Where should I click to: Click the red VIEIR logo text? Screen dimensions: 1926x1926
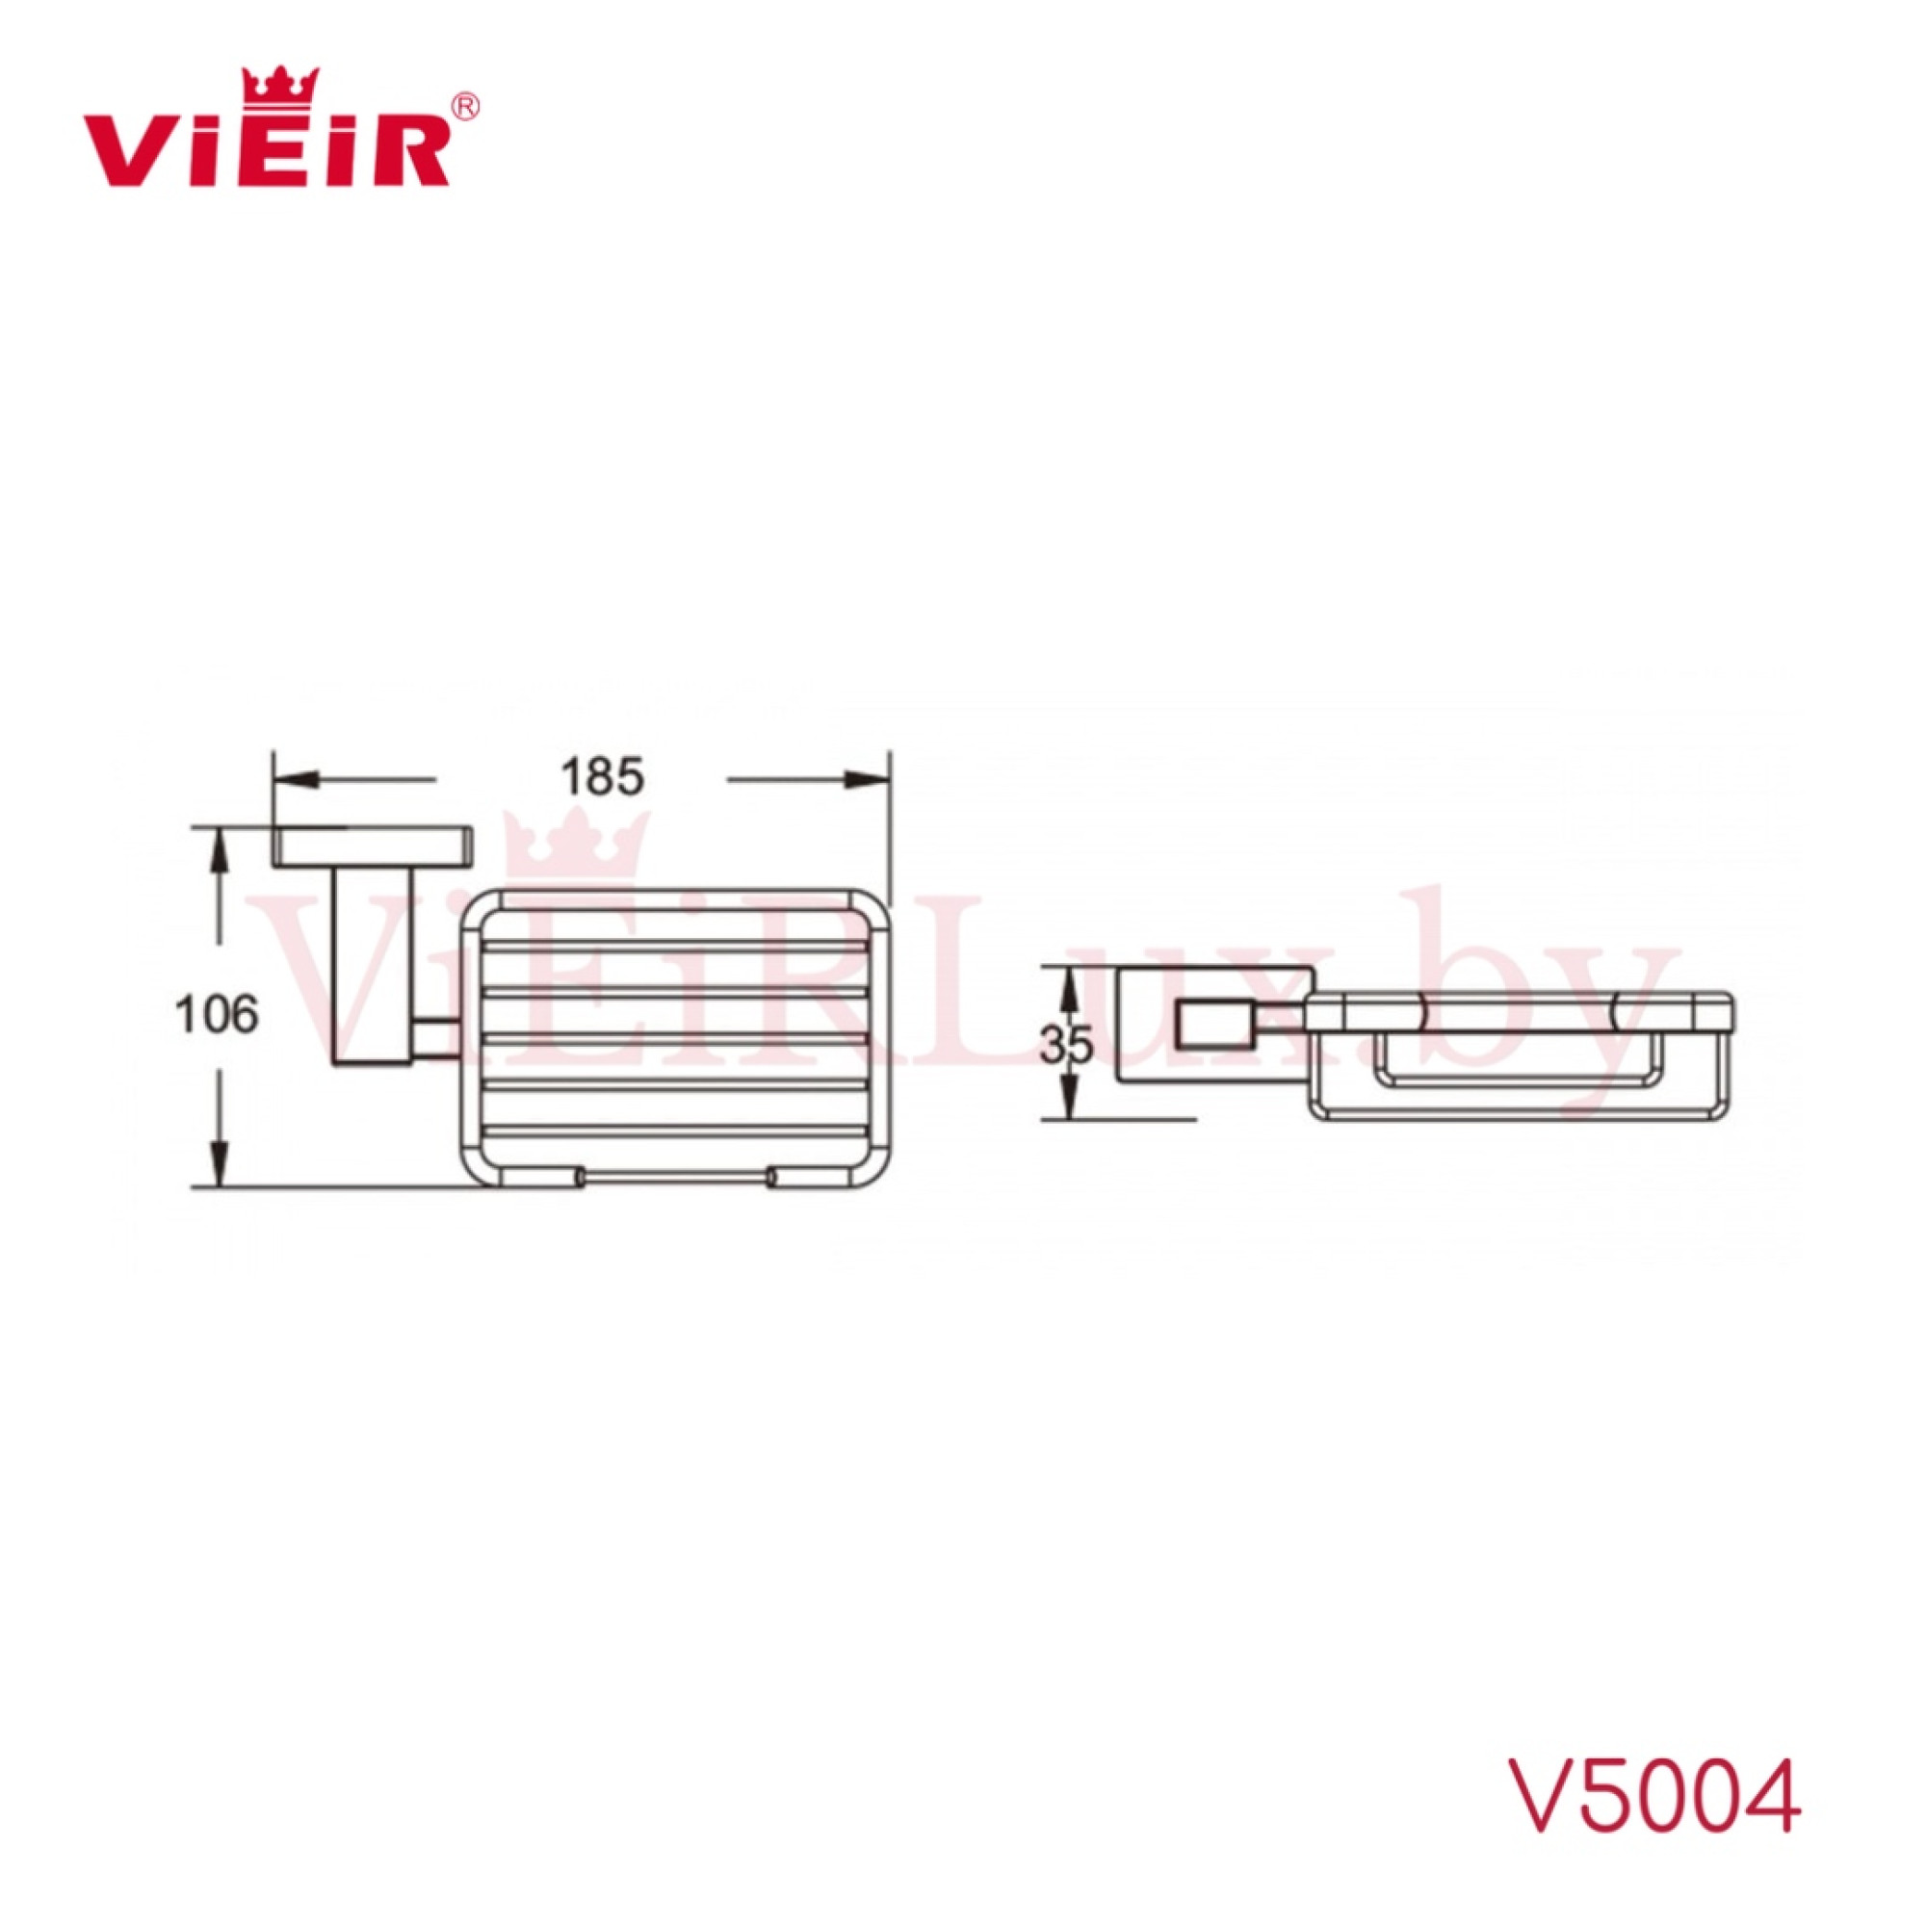point(265,149)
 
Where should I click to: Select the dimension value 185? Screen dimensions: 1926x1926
point(602,777)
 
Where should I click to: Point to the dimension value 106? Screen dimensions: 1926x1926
point(217,1015)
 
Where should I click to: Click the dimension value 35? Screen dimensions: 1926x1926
point(1067,1045)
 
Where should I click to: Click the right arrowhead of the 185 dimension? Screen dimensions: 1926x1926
point(869,780)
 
